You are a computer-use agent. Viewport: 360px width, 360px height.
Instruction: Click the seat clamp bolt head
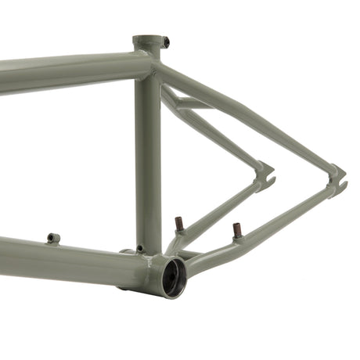point(167,40)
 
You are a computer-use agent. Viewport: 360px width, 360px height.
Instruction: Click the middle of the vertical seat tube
point(147,157)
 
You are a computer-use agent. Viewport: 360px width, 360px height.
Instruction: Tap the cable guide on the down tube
point(53,237)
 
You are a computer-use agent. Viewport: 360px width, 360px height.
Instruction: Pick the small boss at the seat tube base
point(140,250)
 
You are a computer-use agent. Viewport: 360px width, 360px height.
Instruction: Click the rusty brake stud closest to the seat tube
point(179,225)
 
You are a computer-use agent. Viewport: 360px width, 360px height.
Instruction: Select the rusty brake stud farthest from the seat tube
point(236,230)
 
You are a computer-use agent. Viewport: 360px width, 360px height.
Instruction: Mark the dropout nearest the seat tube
point(264,177)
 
